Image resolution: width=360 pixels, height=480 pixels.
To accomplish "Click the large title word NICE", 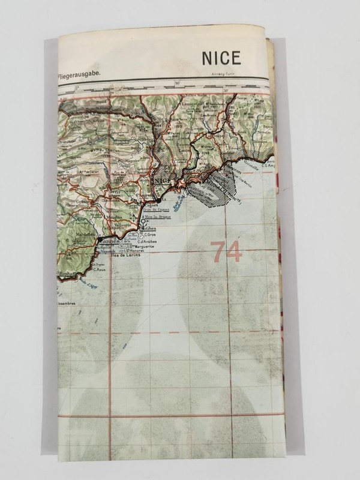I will point(221,58).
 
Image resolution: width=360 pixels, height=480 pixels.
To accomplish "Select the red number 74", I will point(226,252).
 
